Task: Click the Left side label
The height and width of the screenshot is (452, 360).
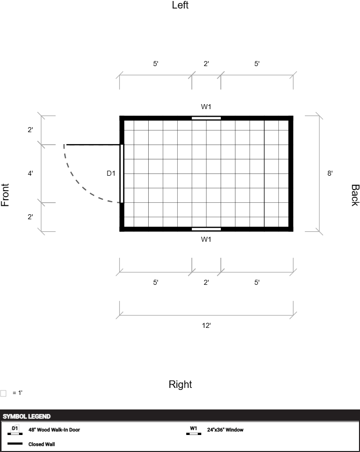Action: point(180,5)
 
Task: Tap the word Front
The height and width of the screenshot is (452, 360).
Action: point(5,195)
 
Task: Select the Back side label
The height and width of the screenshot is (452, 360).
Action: point(355,195)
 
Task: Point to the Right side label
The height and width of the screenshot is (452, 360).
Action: point(180,384)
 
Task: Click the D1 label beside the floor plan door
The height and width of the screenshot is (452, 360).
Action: point(111,173)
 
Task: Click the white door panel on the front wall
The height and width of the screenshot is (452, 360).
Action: point(122,174)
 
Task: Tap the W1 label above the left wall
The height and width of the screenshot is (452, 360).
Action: point(206,107)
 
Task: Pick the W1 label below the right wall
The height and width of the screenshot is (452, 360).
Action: point(206,239)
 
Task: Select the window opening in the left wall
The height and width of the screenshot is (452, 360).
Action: point(206,118)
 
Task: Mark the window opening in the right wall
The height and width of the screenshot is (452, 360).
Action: point(206,229)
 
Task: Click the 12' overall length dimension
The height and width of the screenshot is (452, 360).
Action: point(206,325)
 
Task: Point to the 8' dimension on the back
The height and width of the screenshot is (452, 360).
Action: point(330,173)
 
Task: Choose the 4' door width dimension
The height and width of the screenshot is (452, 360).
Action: point(30,173)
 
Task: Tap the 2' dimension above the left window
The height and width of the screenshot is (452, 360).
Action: point(206,64)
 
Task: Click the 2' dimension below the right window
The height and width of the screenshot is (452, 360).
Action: point(206,282)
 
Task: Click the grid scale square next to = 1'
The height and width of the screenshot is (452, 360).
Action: point(3,393)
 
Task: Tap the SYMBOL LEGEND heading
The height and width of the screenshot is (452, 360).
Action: point(27,416)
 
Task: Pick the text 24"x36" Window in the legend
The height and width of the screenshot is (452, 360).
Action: point(225,429)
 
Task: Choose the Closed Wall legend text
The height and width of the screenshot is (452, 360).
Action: point(42,444)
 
